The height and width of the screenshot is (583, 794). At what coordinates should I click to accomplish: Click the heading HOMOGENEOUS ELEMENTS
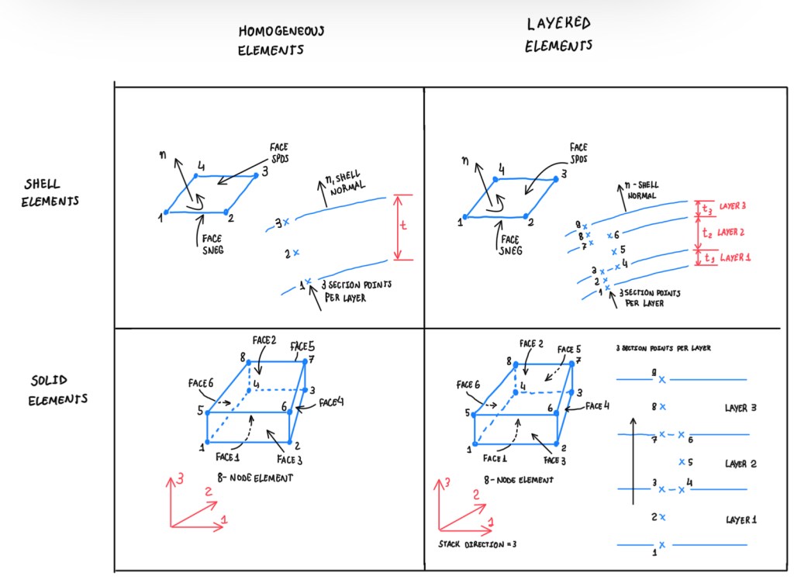click(271, 41)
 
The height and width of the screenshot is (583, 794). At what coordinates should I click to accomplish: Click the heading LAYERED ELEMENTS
click(558, 35)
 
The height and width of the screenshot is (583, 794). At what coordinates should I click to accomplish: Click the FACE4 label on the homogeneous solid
click(330, 403)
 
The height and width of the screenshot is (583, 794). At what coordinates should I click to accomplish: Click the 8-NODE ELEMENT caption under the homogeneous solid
click(256, 478)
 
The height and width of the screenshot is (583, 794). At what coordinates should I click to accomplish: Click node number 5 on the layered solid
click(468, 413)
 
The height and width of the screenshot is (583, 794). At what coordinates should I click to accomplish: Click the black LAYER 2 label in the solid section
click(740, 464)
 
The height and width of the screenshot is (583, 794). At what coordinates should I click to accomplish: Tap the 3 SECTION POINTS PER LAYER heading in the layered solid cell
click(663, 348)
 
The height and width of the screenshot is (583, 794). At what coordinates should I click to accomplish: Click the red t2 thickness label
click(706, 232)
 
